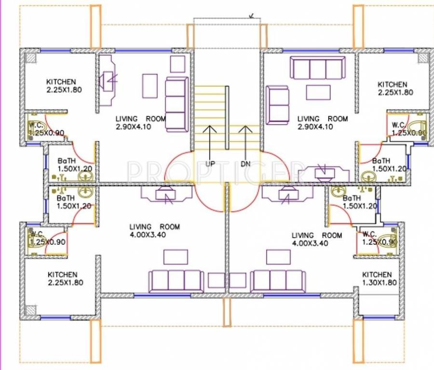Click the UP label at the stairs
pos(210,164)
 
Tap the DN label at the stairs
pos(246,164)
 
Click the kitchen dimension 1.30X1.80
pos(380,283)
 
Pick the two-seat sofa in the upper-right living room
pos(278,105)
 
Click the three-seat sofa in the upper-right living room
pos(318,68)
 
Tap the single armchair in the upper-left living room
pos(177,64)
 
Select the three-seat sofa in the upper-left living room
pos(176,104)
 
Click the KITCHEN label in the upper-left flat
pos(61,82)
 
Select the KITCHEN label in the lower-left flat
pos(62,275)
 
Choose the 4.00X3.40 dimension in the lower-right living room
pos(310,243)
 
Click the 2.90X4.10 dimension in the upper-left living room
pos(134,127)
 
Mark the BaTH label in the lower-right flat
pos(352,198)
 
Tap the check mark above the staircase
pos(251,15)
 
